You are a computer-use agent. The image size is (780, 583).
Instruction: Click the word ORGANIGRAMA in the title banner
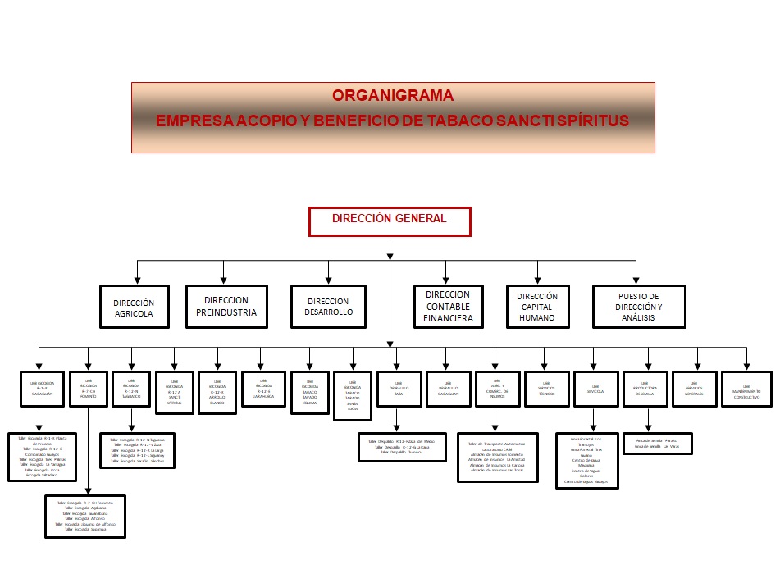coord(393,96)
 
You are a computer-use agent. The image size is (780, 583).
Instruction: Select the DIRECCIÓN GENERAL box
coord(390,221)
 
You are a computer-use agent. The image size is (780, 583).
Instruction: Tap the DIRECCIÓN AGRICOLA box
coord(134,307)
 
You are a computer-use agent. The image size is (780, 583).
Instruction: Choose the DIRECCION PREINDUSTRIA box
coord(226,306)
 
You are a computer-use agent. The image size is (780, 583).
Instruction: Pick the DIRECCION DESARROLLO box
coord(327,307)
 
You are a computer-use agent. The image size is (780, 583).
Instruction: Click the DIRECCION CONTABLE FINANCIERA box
coord(447,307)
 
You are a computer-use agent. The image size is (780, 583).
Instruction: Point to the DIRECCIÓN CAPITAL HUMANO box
coord(537,307)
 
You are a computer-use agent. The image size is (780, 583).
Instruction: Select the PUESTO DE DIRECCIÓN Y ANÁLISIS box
coord(638,307)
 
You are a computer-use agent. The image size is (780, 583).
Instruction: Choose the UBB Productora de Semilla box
coord(645,388)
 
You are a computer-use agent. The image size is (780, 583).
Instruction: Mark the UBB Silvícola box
coord(595,388)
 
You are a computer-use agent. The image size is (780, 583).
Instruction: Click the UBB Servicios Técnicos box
coord(546,388)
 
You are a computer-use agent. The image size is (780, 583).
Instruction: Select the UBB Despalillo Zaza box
coord(398,388)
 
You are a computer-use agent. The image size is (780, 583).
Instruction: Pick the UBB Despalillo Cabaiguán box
coord(448,388)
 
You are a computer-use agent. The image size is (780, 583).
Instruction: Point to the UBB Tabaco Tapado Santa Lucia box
coord(352,395)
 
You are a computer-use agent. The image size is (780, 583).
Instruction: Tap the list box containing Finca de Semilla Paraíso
coord(657,443)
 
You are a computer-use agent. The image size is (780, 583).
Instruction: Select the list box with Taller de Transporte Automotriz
coord(497,457)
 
